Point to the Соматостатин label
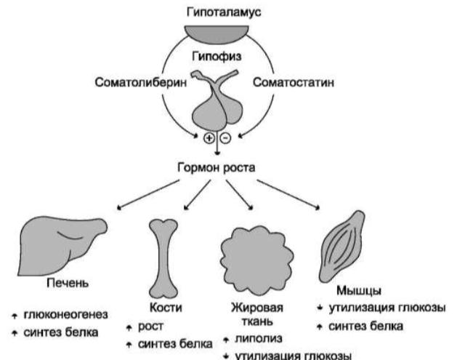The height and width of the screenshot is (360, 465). (296, 83)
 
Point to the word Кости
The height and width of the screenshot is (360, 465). (161, 308)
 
